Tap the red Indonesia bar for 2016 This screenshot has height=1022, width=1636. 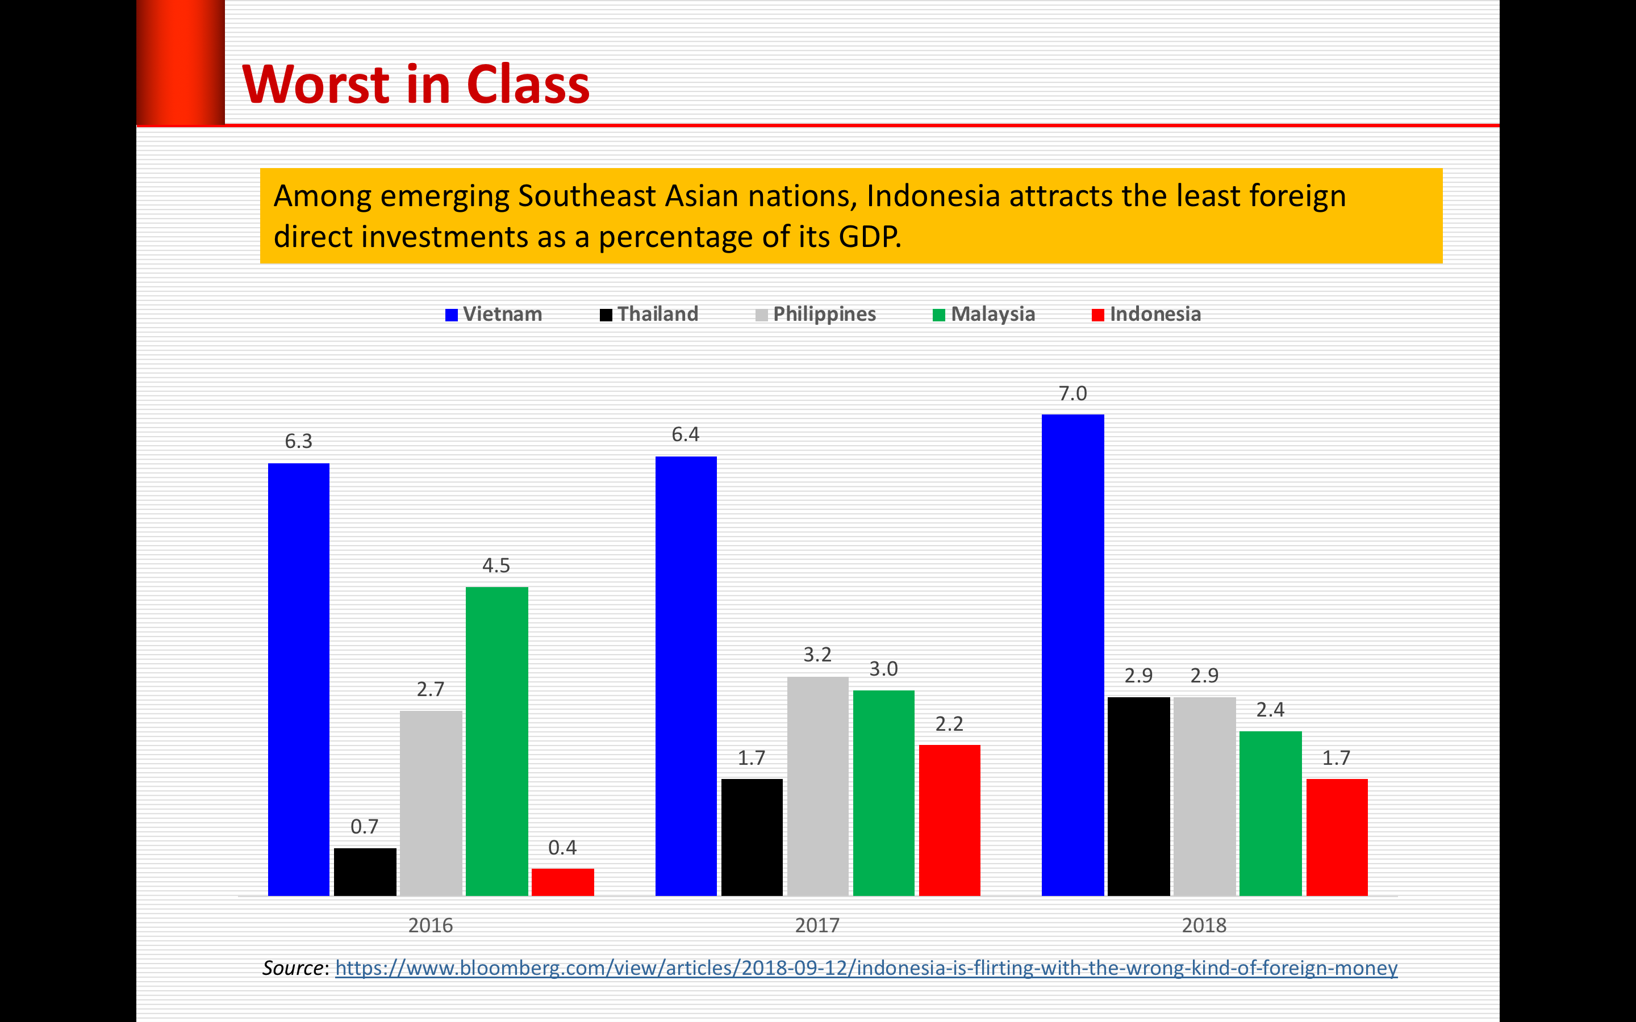(x=562, y=882)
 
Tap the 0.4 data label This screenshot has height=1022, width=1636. (x=562, y=848)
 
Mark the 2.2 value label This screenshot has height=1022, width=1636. (x=949, y=724)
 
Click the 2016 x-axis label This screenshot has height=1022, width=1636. (x=431, y=925)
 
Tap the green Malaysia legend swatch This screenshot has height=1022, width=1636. (x=938, y=315)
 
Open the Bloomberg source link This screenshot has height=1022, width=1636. (x=865, y=968)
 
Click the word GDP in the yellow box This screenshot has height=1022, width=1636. (x=868, y=237)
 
